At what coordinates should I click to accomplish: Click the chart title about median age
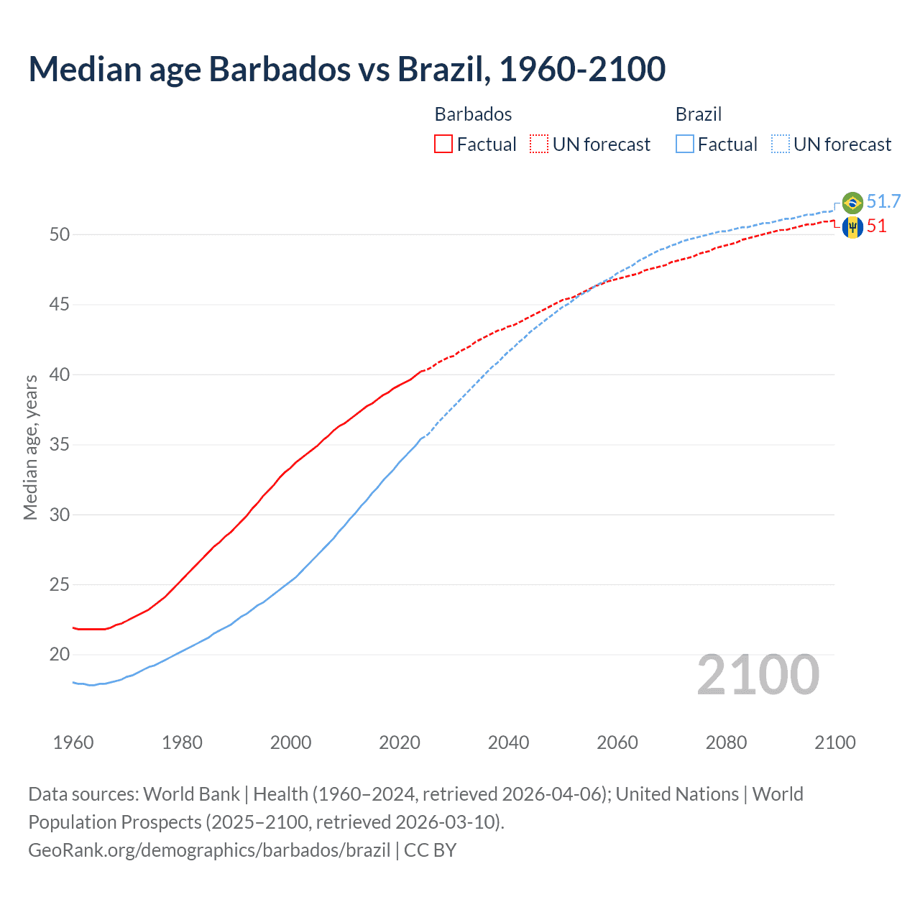click(x=347, y=69)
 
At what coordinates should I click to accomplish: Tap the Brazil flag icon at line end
click(x=852, y=203)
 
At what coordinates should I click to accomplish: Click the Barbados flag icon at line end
click(x=852, y=227)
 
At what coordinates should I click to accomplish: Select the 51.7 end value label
click(x=883, y=201)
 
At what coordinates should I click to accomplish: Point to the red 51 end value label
click(x=876, y=226)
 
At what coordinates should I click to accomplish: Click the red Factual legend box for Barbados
click(x=443, y=144)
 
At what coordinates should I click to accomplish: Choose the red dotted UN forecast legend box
click(x=539, y=144)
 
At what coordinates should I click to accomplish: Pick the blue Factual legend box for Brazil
click(x=684, y=144)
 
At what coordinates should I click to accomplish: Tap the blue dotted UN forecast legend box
click(x=780, y=144)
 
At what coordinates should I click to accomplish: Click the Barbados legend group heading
click(x=473, y=114)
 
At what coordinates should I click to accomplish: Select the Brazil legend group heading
click(x=698, y=114)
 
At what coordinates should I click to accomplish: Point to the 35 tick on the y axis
click(x=60, y=445)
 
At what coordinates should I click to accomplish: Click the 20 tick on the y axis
click(x=60, y=655)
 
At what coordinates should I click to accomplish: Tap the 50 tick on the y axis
click(x=60, y=235)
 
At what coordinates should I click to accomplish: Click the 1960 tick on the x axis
click(x=73, y=742)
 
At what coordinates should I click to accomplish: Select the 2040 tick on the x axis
click(x=508, y=742)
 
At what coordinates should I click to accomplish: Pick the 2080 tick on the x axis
click(x=726, y=742)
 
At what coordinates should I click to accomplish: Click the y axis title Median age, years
click(x=30, y=447)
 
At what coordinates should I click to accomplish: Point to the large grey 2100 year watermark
click(x=758, y=675)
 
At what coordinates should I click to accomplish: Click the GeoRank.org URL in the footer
click(x=209, y=850)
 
